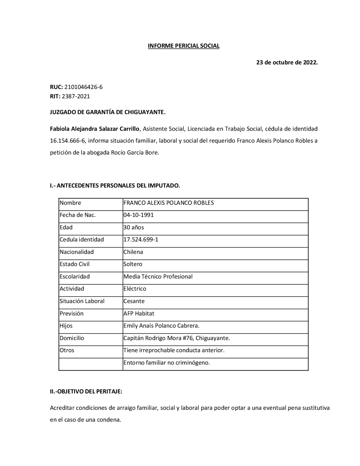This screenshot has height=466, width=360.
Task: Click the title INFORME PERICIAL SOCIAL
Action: coord(184,46)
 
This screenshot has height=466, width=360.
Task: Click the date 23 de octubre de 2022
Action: coord(287,62)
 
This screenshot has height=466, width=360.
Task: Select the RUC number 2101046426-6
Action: coord(84,87)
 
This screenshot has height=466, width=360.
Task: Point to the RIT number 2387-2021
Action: coord(76,96)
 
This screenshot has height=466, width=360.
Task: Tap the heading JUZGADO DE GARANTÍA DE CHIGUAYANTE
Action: coord(108,112)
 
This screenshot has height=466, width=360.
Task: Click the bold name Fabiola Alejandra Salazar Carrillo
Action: coord(94,129)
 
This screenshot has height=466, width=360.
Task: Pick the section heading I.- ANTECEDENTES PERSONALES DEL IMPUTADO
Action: coord(115,186)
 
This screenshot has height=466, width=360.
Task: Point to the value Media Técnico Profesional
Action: coord(158,277)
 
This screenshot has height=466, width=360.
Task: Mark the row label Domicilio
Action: coord(72,338)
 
